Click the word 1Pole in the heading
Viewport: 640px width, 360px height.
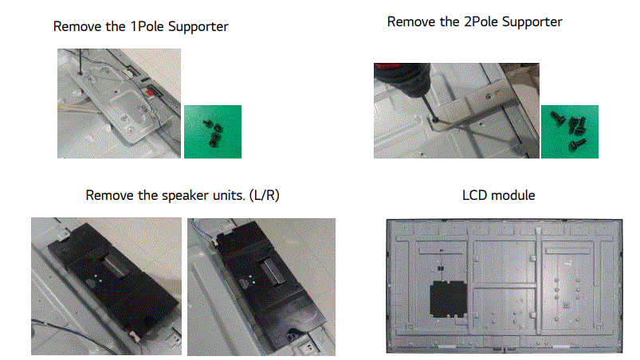tap(144, 27)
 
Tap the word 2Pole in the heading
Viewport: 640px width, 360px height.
tap(478, 22)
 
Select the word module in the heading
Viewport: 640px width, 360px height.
tap(514, 196)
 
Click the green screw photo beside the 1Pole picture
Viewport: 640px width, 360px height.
tap(212, 131)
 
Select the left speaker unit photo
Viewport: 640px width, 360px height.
tap(105, 286)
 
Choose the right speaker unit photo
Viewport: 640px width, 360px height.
tap(261, 286)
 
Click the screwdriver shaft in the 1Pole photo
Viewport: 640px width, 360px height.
tap(80, 61)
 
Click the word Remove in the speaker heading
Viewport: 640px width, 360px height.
tap(108, 196)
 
